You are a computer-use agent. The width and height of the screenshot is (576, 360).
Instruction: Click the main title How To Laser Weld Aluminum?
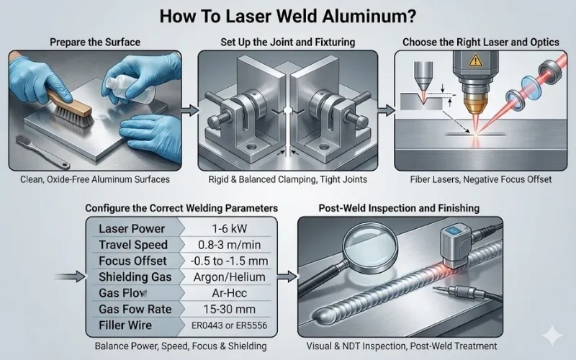tap(287, 14)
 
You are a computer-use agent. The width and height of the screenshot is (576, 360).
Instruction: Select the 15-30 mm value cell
tap(233, 309)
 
